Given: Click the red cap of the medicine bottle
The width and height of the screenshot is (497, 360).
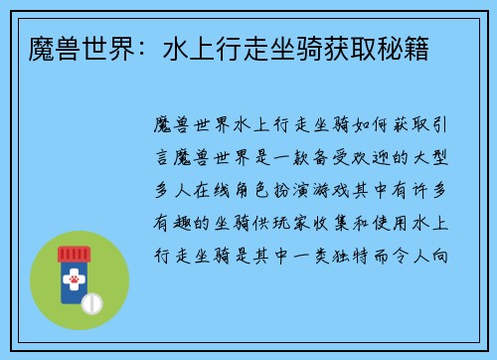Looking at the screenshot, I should click(x=74, y=255).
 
